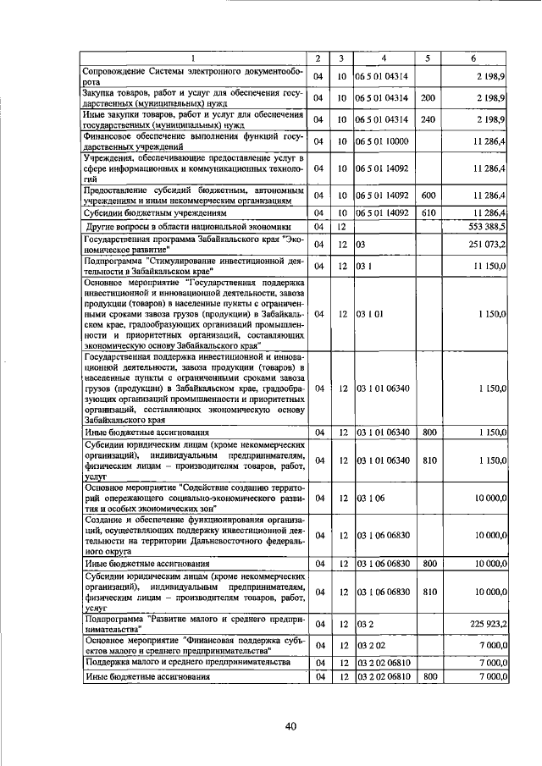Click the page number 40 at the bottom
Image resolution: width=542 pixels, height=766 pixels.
pyautogui.click(x=290, y=726)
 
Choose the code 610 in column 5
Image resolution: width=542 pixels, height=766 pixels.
pyautogui.click(x=429, y=212)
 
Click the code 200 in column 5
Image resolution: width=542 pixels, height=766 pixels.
pyautogui.click(x=429, y=97)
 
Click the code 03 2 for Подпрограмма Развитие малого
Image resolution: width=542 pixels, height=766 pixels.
pyautogui.click(x=364, y=624)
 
